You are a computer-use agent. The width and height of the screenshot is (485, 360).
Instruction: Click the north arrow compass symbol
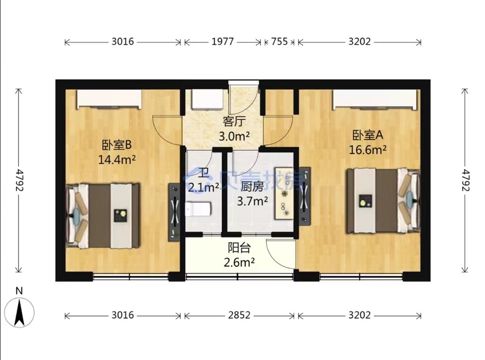pyautogui.click(x=19, y=312)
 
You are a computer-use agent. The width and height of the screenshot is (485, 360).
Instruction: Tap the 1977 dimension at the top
pyautogui.click(x=222, y=42)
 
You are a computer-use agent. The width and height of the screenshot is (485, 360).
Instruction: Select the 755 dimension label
pyautogui.click(x=279, y=42)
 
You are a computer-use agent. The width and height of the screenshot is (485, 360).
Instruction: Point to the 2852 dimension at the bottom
pyautogui.click(x=239, y=315)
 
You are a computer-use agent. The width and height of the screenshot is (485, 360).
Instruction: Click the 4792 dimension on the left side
pyautogui.click(x=19, y=180)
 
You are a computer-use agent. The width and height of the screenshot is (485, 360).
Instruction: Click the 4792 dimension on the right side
pyautogui.click(x=466, y=180)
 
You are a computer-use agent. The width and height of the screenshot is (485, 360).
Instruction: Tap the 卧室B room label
pyautogui.click(x=117, y=145)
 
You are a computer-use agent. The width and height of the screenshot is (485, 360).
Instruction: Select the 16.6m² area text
pyautogui.click(x=368, y=150)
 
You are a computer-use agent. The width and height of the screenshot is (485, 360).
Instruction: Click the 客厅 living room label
pyautogui.click(x=233, y=122)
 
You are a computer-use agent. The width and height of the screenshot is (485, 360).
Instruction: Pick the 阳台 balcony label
pyautogui.click(x=239, y=248)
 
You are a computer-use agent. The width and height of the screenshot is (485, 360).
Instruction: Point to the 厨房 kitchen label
pyautogui.click(x=252, y=187)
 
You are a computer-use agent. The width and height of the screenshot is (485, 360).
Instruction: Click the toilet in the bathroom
pyautogui.click(x=198, y=209)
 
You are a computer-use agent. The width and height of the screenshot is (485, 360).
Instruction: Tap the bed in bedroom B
pyautogui.click(x=103, y=216)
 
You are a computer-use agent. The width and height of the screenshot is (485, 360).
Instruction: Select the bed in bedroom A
pyautogui.click(x=383, y=201)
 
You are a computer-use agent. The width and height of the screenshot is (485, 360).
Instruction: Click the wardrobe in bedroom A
pyautogui.click(x=374, y=99)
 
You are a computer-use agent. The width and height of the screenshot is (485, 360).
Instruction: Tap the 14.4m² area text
pyautogui.click(x=117, y=160)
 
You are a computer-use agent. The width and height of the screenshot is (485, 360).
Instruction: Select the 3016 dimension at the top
pyautogui.click(x=123, y=42)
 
